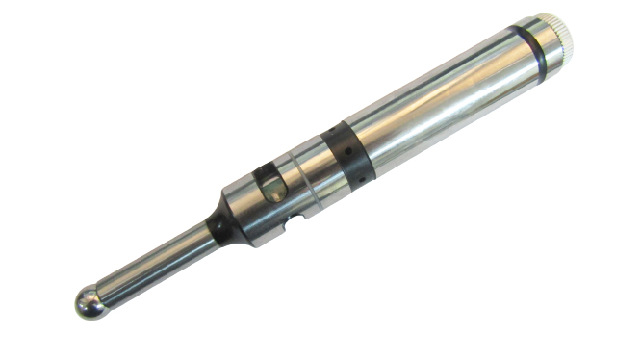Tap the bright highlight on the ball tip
coord(86,298)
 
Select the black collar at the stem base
coord(218,227)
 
